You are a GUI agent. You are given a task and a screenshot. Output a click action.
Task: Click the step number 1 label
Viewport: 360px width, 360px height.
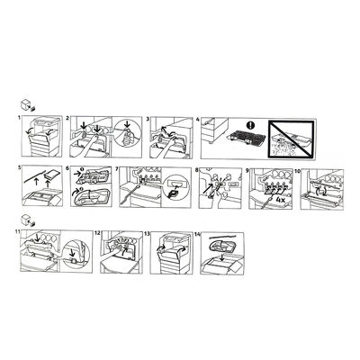[20, 118]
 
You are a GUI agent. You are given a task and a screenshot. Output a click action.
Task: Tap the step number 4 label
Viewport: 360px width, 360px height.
[198, 120]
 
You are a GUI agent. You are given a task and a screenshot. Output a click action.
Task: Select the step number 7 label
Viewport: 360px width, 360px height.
[117, 170]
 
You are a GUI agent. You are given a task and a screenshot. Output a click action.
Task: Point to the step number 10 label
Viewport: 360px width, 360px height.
[297, 170]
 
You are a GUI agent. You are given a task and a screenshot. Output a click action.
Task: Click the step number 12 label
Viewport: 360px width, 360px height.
[97, 233]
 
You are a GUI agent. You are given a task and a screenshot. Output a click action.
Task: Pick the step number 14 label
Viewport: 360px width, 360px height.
[197, 234]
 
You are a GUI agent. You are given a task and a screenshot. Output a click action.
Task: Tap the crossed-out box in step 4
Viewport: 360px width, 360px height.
[291, 139]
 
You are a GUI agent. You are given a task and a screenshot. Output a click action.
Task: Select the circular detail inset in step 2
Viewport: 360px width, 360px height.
[126, 133]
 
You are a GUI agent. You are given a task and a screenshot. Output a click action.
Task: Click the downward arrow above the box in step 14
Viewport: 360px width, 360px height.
[221, 257]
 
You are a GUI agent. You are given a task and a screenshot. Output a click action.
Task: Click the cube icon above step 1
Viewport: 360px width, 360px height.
[24, 104]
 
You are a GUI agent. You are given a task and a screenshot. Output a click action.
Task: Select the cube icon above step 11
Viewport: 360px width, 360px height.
[25, 220]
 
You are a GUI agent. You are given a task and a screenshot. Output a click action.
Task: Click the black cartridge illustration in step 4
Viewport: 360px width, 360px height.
[247, 138]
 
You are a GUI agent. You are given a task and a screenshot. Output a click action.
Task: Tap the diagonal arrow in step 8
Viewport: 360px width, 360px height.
[210, 187]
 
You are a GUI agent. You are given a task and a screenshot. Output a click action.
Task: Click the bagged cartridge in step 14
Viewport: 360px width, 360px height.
[221, 246]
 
